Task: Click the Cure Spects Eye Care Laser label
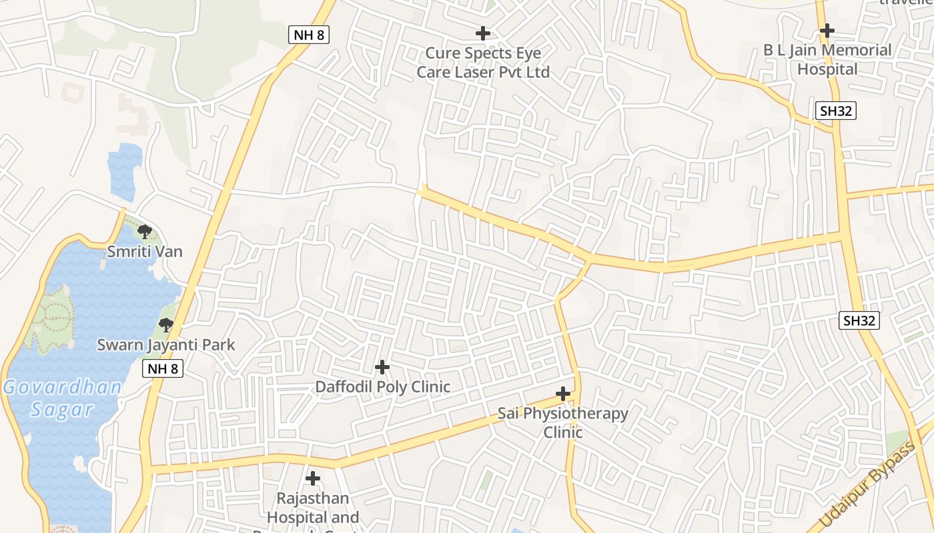[x=483, y=63]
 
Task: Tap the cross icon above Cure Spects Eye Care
[x=483, y=33]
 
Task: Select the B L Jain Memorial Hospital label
[x=827, y=59]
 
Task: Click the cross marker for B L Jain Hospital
[x=827, y=30]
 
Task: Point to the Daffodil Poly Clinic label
[x=382, y=387]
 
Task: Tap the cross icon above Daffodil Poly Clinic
[x=382, y=367]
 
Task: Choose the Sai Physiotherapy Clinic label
[x=563, y=422]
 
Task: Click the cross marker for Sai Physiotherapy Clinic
[x=563, y=394]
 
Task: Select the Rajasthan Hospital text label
[x=313, y=508]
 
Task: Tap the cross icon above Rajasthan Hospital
[x=313, y=478]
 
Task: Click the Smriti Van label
[x=145, y=252]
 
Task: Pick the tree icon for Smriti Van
[x=144, y=232]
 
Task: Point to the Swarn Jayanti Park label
[x=166, y=345]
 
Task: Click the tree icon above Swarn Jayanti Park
[x=166, y=325]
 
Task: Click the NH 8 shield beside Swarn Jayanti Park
[x=163, y=368]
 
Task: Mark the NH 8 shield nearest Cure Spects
[x=310, y=35]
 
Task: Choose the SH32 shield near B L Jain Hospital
[x=836, y=111]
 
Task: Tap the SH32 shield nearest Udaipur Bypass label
[x=859, y=320]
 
